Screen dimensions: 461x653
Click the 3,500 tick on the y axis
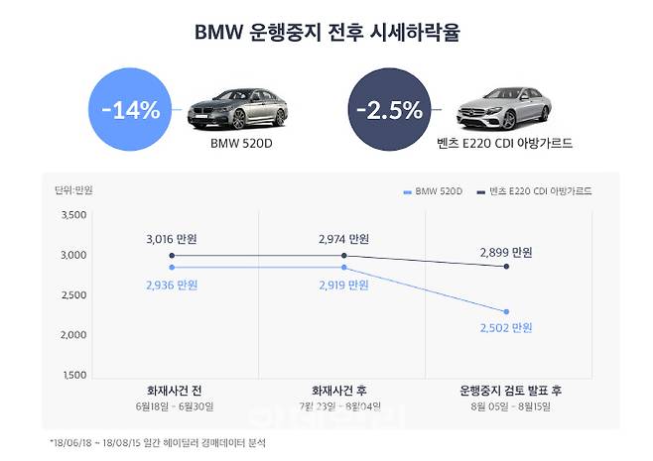pos(73,215)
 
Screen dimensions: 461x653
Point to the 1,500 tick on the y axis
pos(73,376)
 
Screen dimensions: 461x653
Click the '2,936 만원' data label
pos(173,285)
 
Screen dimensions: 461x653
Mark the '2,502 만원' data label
pos(507,328)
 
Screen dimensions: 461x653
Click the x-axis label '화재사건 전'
pos(173,389)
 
